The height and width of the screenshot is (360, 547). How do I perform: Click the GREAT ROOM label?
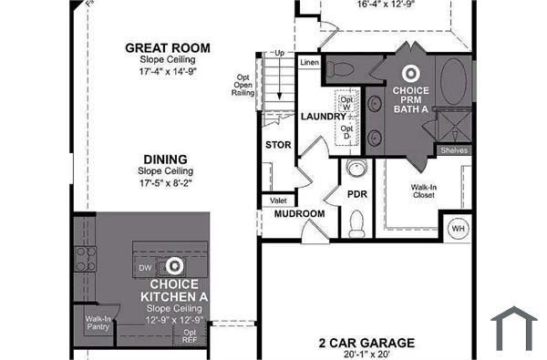point(167,47)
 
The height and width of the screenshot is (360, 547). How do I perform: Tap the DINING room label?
point(165,159)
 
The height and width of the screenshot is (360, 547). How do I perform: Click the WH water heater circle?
point(457,228)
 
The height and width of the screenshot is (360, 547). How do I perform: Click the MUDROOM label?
point(300,214)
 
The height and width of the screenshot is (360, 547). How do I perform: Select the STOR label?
point(277,145)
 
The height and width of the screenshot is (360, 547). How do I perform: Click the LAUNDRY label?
point(323,117)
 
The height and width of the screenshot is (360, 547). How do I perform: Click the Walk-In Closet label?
point(422,190)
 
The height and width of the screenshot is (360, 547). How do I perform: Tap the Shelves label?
point(453,150)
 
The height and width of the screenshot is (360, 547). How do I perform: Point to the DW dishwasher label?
point(145,267)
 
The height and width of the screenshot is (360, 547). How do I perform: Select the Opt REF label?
point(189,336)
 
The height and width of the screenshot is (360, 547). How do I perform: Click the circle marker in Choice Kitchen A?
point(174,266)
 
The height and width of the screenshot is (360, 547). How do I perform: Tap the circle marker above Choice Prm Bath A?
point(411,73)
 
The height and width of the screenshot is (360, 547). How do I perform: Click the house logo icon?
point(513,329)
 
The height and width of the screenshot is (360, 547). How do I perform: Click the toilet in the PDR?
point(356,221)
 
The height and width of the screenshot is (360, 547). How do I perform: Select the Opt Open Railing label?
point(243,85)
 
